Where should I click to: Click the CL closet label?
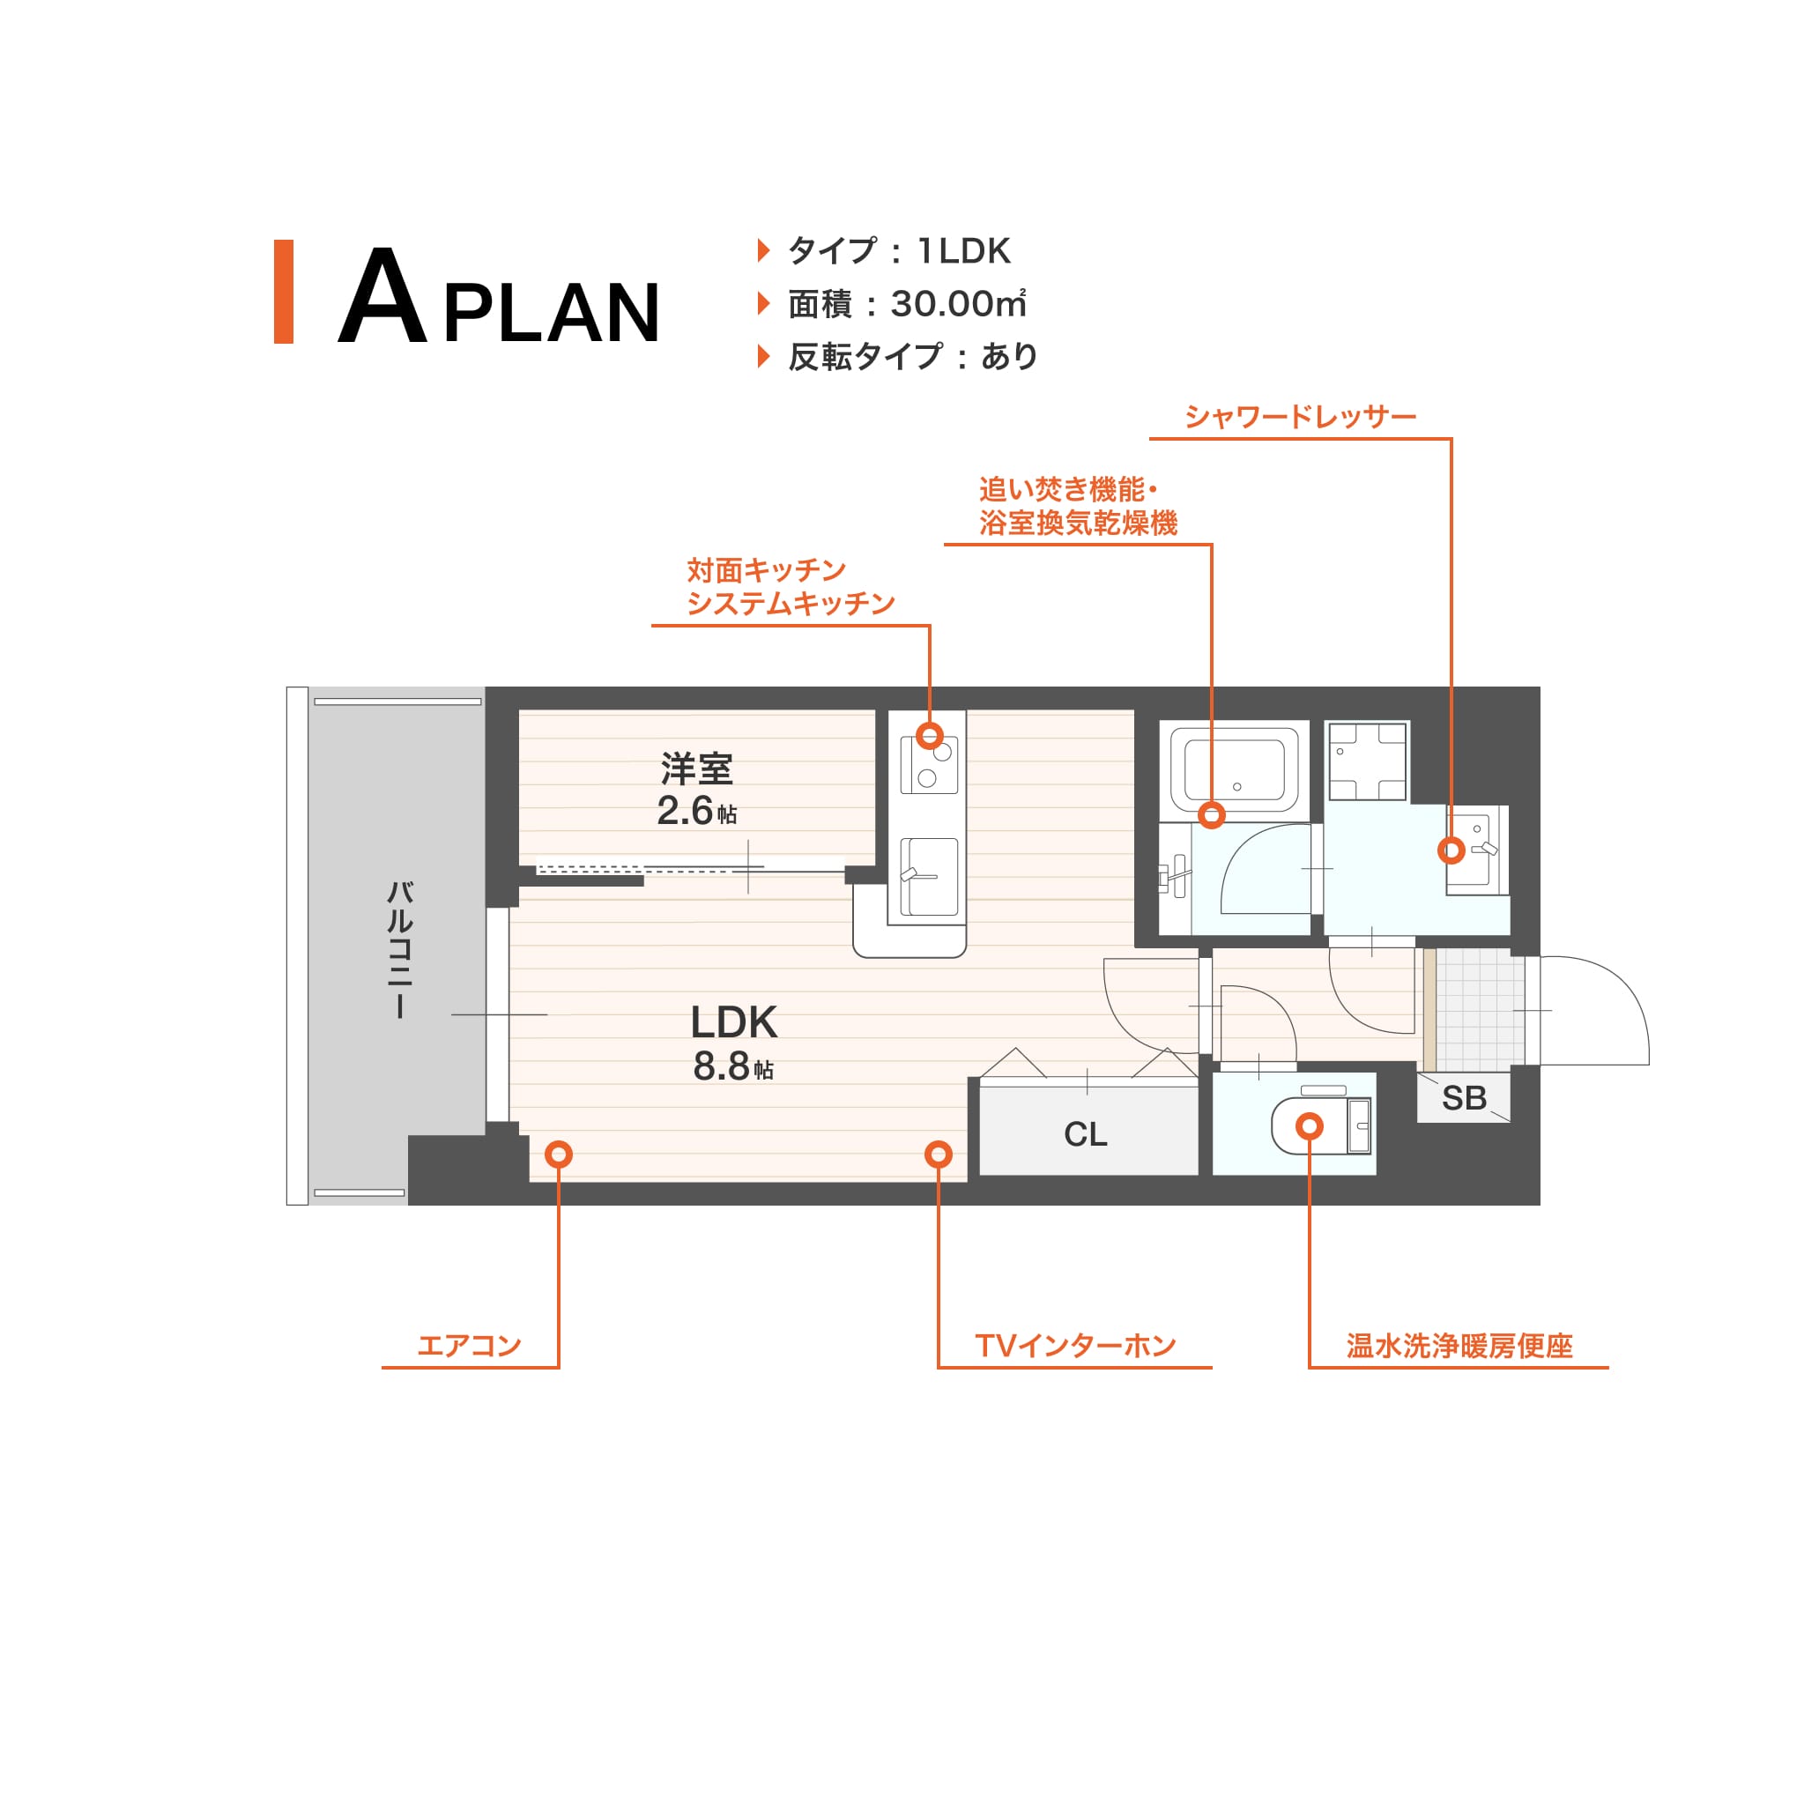tap(1085, 1133)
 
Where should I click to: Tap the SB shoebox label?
tap(1464, 1098)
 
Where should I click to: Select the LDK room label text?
tap(733, 1021)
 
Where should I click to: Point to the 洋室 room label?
tap(697, 769)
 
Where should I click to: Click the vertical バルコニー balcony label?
tap(400, 949)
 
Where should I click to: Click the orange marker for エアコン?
tap(559, 1154)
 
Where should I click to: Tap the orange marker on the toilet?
tap(1309, 1125)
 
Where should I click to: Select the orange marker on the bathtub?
tap(1212, 814)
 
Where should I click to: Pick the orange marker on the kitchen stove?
tap(931, 735)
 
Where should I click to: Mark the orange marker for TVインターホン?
tap(938, 1154)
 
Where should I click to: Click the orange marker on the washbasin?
tap(1451, 850)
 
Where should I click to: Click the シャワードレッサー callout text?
tap(1300, 416)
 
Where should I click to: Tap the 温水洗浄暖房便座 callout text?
tap(1459, 1346)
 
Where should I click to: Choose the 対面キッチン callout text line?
tap(766, 569)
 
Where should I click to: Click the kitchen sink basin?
tap(929, 877)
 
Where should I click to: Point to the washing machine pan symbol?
tap(1367, 761)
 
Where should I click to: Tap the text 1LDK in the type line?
tap(963, 250)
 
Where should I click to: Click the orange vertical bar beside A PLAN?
tap(284, 291)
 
